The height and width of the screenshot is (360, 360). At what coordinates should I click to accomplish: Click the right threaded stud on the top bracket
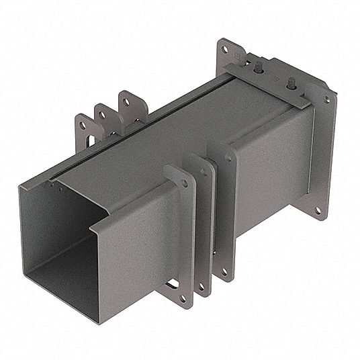coord(291,83)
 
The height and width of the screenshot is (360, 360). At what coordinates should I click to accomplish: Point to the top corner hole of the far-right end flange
coord(328,99)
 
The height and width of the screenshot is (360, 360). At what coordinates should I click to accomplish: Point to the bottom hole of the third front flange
coord(224,271)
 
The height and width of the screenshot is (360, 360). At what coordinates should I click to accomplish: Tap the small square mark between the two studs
coord(271,77)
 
